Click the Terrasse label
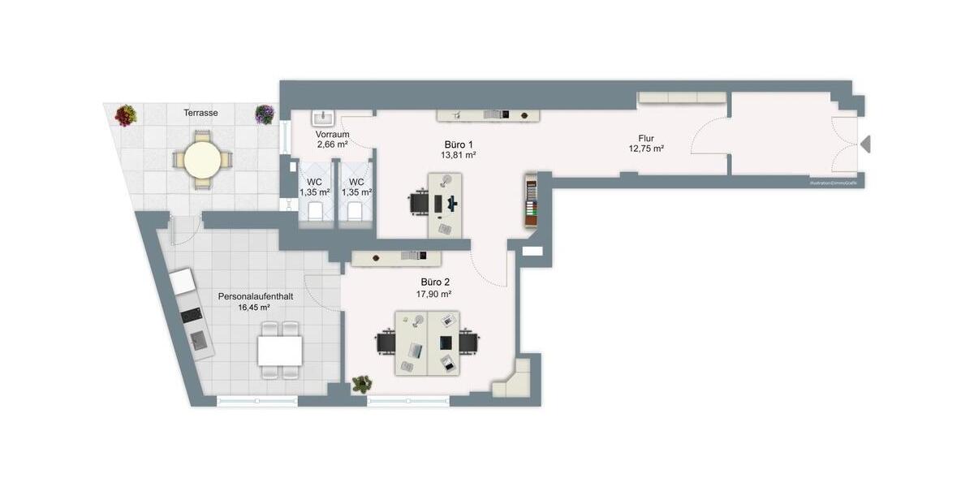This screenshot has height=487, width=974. click(x=200, y=113)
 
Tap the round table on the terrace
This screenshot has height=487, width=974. click(x=201, y=160)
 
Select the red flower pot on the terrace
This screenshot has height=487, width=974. click(x=125, y=115)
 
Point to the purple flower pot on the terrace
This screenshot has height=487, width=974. click(x=265, y=114)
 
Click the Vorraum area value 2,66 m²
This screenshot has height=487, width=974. click(x=333, y=144)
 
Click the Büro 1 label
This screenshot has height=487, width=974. click(x=459, y=143)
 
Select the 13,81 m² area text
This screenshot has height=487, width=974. click(x=459, y=154)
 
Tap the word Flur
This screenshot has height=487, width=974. click(x=646, y=138)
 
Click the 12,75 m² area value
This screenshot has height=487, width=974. click(x=646, y=149)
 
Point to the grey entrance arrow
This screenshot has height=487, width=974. click(x=865, y=144)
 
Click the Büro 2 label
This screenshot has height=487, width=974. click(x=433, y=282)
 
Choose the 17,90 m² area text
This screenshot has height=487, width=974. click(x=433, y=294)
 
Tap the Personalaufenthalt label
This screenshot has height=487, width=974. click(x=256, y=297)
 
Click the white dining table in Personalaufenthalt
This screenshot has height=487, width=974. click(x=280, y=351)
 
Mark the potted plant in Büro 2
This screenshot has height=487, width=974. click(x=362, y=383)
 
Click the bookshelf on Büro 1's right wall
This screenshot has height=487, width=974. click(x=531, y=200)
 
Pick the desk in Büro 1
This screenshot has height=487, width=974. click(x=445, y=204)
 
